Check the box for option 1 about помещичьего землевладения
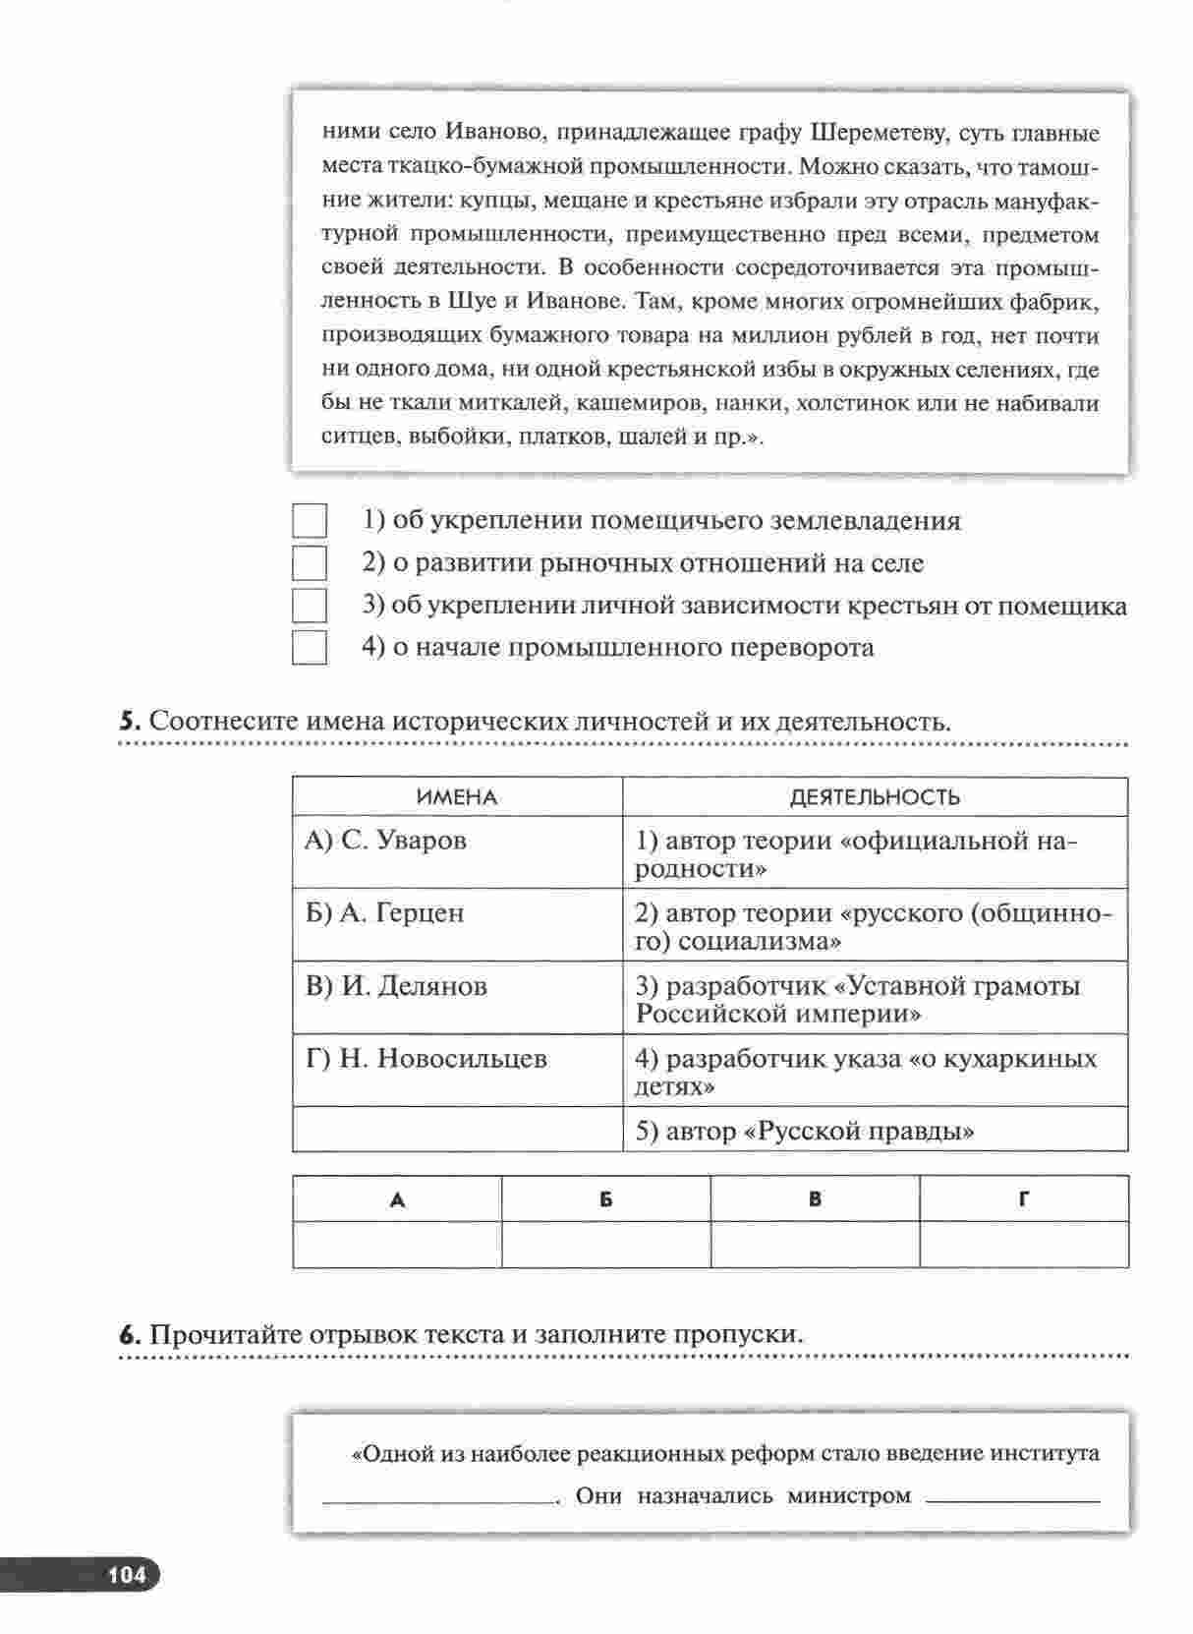(310, 521)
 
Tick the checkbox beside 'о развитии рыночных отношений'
(310, 563)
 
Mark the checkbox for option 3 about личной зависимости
(310, 606)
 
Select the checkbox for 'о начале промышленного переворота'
(310, 648)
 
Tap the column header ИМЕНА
(457, 797)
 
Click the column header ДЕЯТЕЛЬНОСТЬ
(875, 797)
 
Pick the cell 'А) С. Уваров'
(457, 852)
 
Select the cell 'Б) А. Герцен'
(457, 925)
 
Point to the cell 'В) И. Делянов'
(457, 998)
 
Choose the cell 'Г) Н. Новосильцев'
(457, 1071)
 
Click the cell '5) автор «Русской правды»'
(875, 1130)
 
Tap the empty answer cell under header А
(397, 1245)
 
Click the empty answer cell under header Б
(606, 1245)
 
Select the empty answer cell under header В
(816, 1245)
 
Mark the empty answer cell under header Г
(1024, 1245)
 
